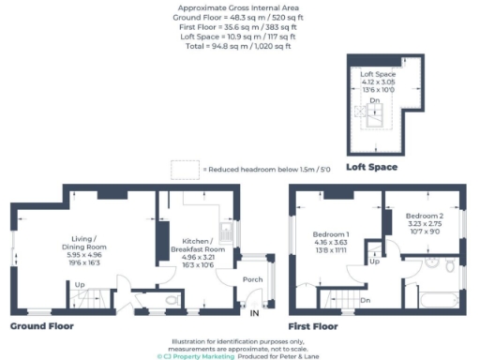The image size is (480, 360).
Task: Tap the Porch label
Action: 252,279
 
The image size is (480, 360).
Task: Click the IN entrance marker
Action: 254,313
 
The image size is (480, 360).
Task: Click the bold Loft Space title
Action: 371,167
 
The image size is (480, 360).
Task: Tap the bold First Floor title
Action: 314,327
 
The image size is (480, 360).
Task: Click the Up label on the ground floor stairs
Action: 80,284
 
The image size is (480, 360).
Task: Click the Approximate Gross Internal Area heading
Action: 239,8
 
